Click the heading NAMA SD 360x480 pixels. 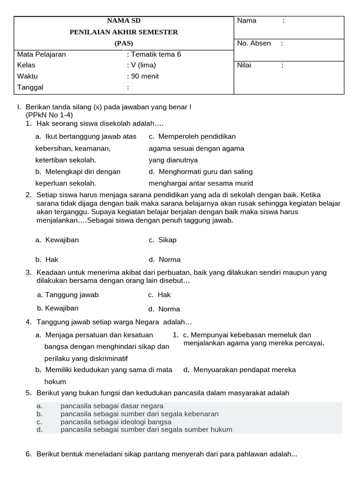coord(124,21)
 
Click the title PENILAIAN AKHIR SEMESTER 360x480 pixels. coord(124,32)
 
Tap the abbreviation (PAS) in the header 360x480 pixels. coord(124,43)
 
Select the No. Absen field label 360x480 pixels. coord(254,43)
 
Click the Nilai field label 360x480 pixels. coord(244,65)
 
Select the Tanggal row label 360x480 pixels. coord(30,87)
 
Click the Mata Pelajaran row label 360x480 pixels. coord(41,54)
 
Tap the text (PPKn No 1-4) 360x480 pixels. coord(49,115)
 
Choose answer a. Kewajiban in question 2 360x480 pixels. coord(57,240)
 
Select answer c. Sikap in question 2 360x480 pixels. coord(163,240)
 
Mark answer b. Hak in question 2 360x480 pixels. coord(47,259)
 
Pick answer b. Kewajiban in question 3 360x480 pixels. coord(58,308)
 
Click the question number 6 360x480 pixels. coord(28,454)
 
